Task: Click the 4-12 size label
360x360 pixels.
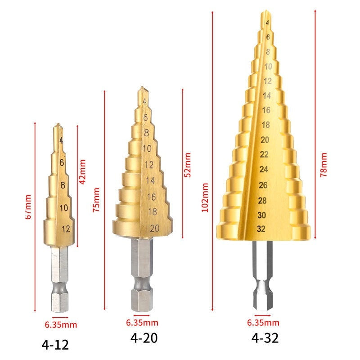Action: tap(55, 345)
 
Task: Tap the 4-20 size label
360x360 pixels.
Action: tap(144, 338)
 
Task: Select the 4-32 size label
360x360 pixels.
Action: tap(265, 338)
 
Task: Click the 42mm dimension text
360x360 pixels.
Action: tap(82, 172)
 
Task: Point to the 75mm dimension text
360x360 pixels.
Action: tap(96, 200)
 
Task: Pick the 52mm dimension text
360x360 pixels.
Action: tap(188, 165)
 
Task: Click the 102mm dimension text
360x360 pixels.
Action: tap(205, 198)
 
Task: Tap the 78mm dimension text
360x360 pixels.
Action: tap(324, 165)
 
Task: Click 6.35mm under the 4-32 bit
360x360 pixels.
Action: tap(263, 323)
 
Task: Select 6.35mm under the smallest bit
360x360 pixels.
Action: tap(61, 324)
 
